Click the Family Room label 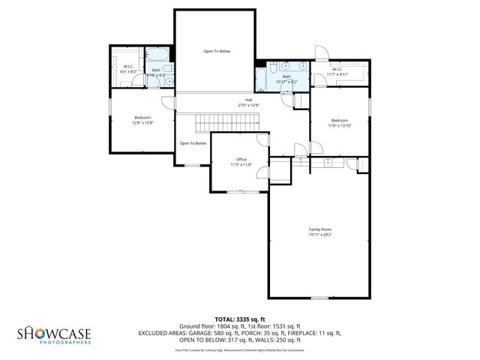(320, 229)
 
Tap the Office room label (241, 159)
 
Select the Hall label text (248, 100)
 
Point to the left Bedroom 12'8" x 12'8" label (142, 118)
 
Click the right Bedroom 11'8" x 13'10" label (340, 120)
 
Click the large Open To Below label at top (217, 51)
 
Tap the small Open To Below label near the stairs (193, 143)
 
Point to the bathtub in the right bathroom (261, 79)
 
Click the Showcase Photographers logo (54, 333)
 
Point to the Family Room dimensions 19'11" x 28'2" (320, 235)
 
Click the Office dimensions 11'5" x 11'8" (241, 164)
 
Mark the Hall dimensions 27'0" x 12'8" (248, 105)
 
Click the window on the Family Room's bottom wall (319, 298)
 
